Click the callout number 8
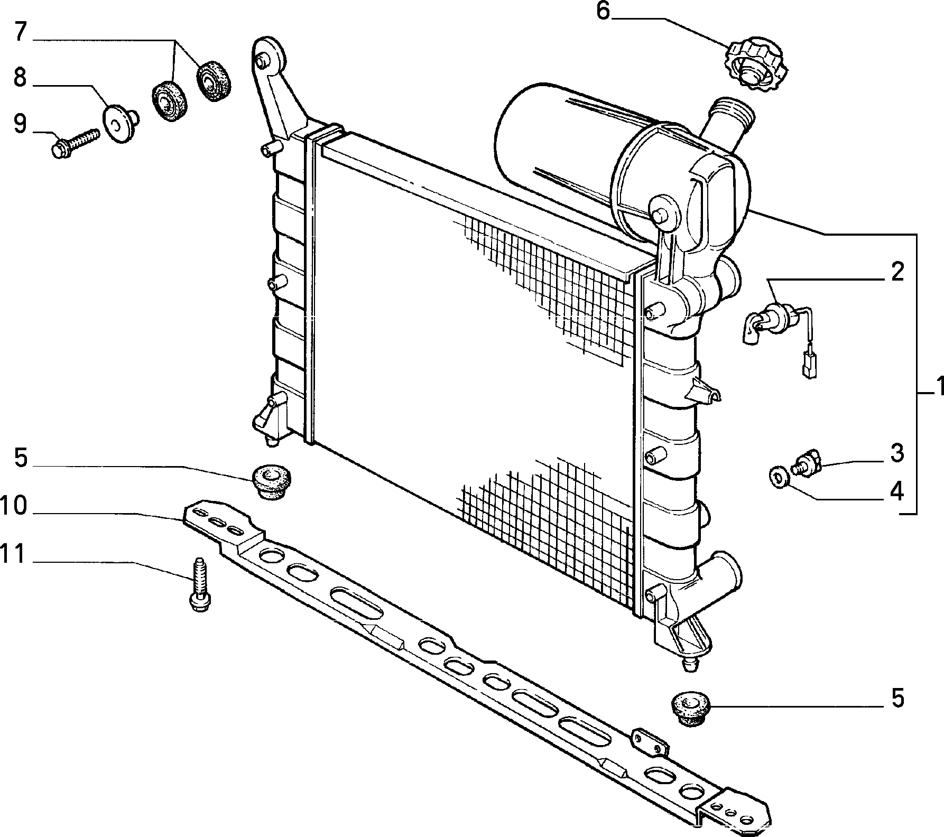click(20, 78)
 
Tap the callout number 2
click(897, 272)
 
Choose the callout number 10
click(13, 506)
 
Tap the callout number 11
click(13, 554)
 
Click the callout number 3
click(897, 454)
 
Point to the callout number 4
click(897, 492)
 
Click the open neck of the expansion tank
click(733, 110)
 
